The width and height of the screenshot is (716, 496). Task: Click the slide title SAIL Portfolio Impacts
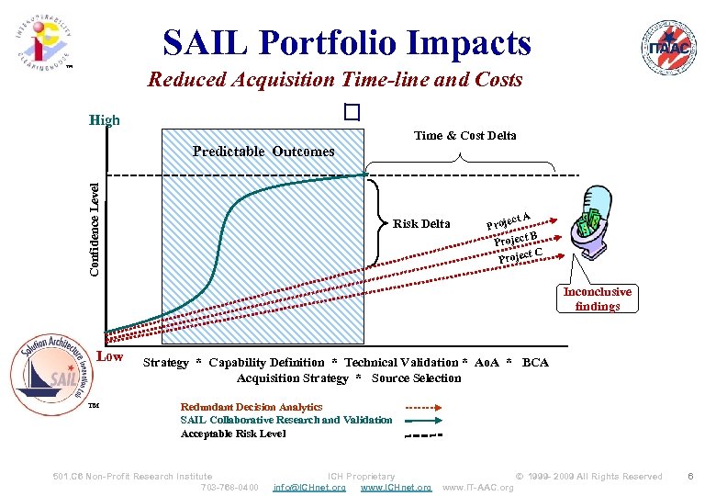click(x=346, y=42)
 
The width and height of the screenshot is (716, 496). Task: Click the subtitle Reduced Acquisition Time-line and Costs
click(x=335, y=80)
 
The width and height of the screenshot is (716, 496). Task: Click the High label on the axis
click(x=104, y=120)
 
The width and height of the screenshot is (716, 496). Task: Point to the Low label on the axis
click(x=109, y=355)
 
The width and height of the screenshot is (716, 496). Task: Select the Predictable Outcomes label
click(x=263, y=152)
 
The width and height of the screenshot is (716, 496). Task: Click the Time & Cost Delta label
click(x=464, y=136)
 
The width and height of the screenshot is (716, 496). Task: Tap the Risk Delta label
click(x=420, y=224)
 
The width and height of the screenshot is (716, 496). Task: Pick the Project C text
click(x=520, y=254)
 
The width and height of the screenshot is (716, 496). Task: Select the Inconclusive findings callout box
click(x=597, y=299)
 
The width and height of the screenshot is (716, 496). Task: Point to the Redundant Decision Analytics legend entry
click(x=252, y=407)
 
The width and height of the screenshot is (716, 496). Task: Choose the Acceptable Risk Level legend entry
click(x=233, y=434)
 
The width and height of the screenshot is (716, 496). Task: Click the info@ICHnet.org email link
click(x=309, y=487)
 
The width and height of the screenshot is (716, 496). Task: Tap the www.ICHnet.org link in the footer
click(x=396, y=487)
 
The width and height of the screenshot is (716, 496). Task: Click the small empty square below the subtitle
click(x=350, y=112)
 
